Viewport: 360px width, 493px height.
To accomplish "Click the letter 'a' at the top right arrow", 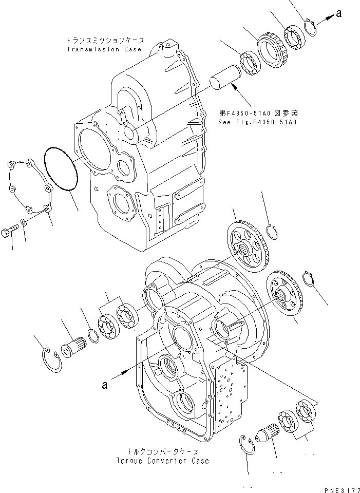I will pos(339,14).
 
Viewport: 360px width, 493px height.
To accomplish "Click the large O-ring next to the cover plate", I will pos(61,169).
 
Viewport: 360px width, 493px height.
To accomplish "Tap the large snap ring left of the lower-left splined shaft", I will pos(52,357).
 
